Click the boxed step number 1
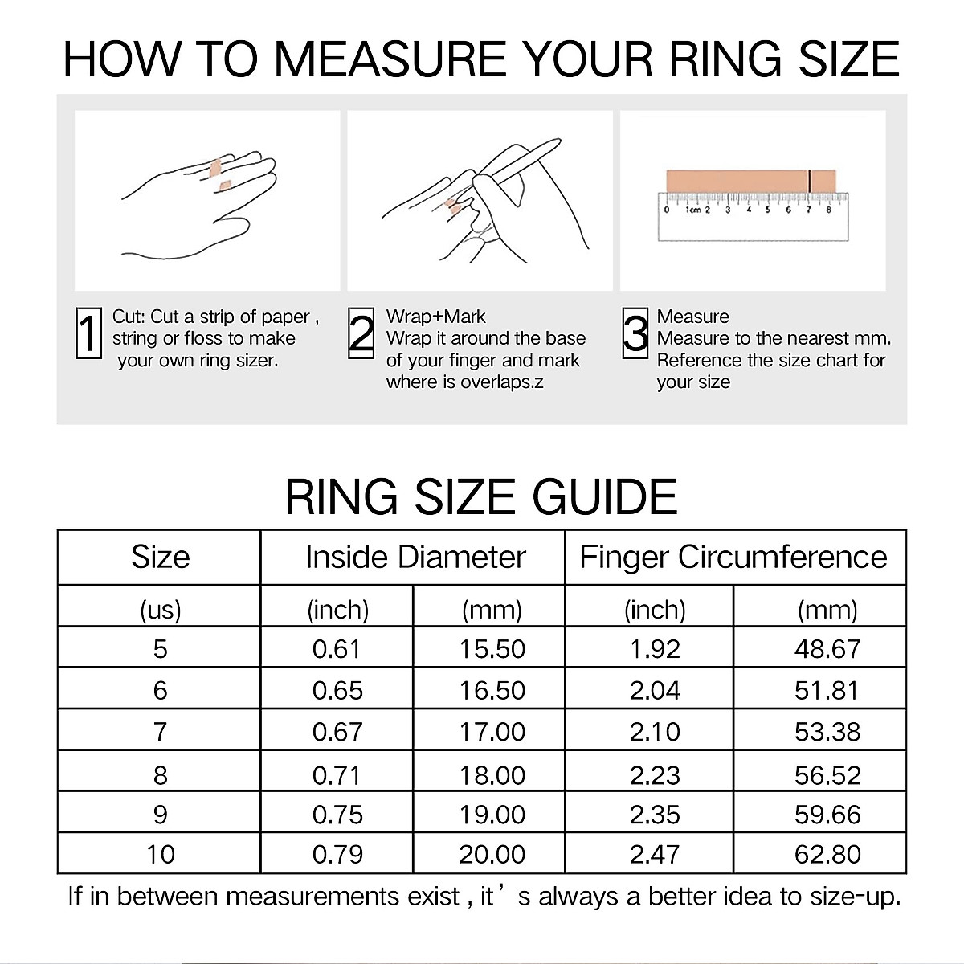point(88,333)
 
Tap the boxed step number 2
point(361,333)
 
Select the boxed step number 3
point(635,333)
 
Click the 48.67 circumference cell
point(827,648)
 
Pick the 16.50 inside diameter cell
point(492,690)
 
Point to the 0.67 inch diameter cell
point(337,732)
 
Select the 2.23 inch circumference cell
point(654,774)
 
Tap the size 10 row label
point(160,854)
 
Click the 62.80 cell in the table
point(827,854)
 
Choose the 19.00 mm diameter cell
point(492,814)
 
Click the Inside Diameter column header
point(415,558)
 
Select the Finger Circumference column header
point(733,558)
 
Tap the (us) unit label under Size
point(160,610)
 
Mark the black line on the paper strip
point(810,180)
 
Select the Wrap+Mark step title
point(435,317)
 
